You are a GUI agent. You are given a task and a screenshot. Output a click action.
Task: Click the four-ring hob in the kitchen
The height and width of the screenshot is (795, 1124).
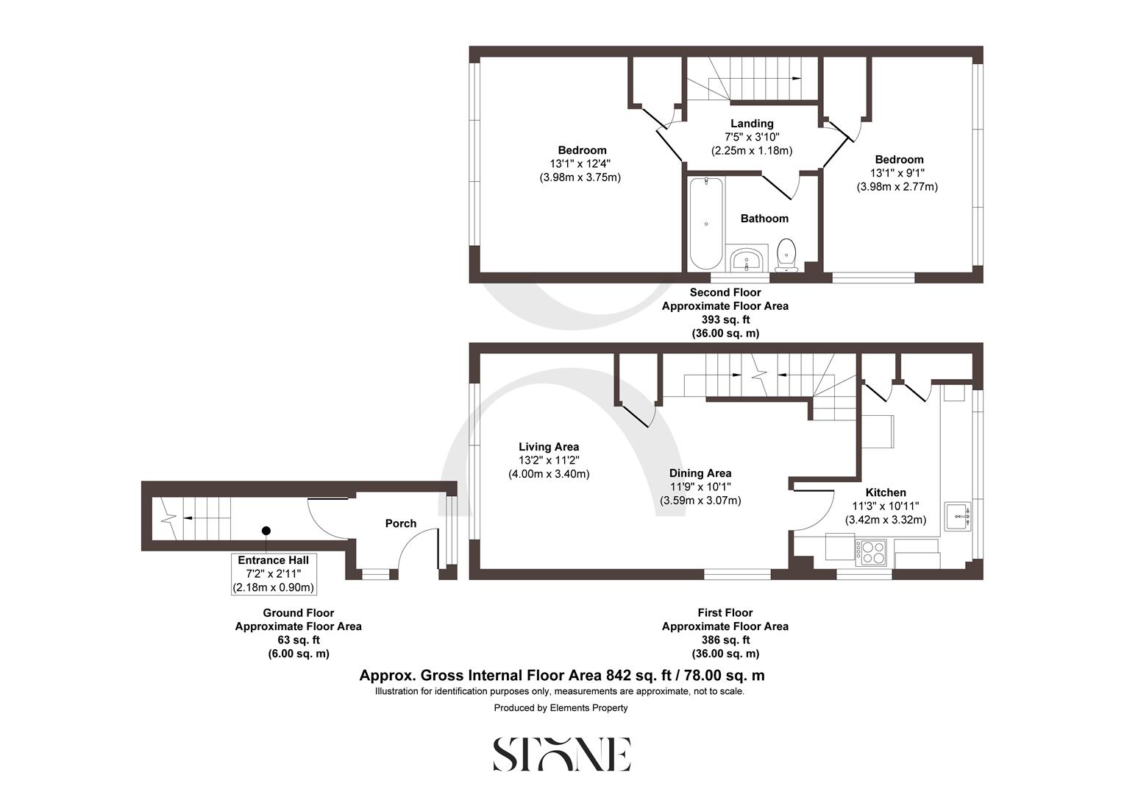pyautogui.click(x=872, y=552)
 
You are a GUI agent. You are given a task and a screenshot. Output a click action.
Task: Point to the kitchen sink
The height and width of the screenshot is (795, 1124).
pyautogui.click(x=958, y=516)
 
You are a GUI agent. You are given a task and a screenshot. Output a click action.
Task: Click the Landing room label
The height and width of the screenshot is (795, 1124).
pyautogui.click(x=752, y=124)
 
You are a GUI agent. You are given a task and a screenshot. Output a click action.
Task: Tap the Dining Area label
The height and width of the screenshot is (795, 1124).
pyautogui.click(x=700, y=473)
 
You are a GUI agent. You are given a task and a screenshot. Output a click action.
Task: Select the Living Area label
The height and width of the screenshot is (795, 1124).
pyautogui.click(x=549, y=447)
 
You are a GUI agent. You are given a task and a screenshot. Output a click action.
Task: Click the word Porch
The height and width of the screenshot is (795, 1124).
pyautogui.click(x=401, y=523)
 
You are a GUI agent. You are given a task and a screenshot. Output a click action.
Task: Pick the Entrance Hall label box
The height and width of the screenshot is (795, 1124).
pyautogui.click(x=273, y=574)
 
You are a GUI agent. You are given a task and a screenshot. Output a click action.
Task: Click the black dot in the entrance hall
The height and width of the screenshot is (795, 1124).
pyautogui.click(x=266, y=531)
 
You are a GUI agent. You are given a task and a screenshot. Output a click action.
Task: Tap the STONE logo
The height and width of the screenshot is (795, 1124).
pyautogui.click(x=561, y=755)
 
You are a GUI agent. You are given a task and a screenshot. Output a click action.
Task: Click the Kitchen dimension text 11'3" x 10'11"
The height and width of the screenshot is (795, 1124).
pyautogui.click(x=886, y=506)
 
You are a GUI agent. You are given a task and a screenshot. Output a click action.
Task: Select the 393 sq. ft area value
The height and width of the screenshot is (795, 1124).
pyautogui.click(x=725, y=319)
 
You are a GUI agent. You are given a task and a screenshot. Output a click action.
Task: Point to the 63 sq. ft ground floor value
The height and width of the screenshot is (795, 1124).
pyautogui.click(x=298, y=640)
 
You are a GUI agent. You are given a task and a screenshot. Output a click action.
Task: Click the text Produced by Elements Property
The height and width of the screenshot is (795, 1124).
pyautogui.click(x=561, y=708)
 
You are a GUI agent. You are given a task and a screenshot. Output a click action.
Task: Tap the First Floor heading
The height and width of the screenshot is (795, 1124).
pyautogui.click(x=725, y=612)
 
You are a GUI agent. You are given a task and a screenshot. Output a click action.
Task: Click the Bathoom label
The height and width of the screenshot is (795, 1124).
pyautogui.click(x=764, y=219)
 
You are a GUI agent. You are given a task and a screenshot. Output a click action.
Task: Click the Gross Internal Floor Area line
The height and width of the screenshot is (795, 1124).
pyautogui.click(x=561, y=675)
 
